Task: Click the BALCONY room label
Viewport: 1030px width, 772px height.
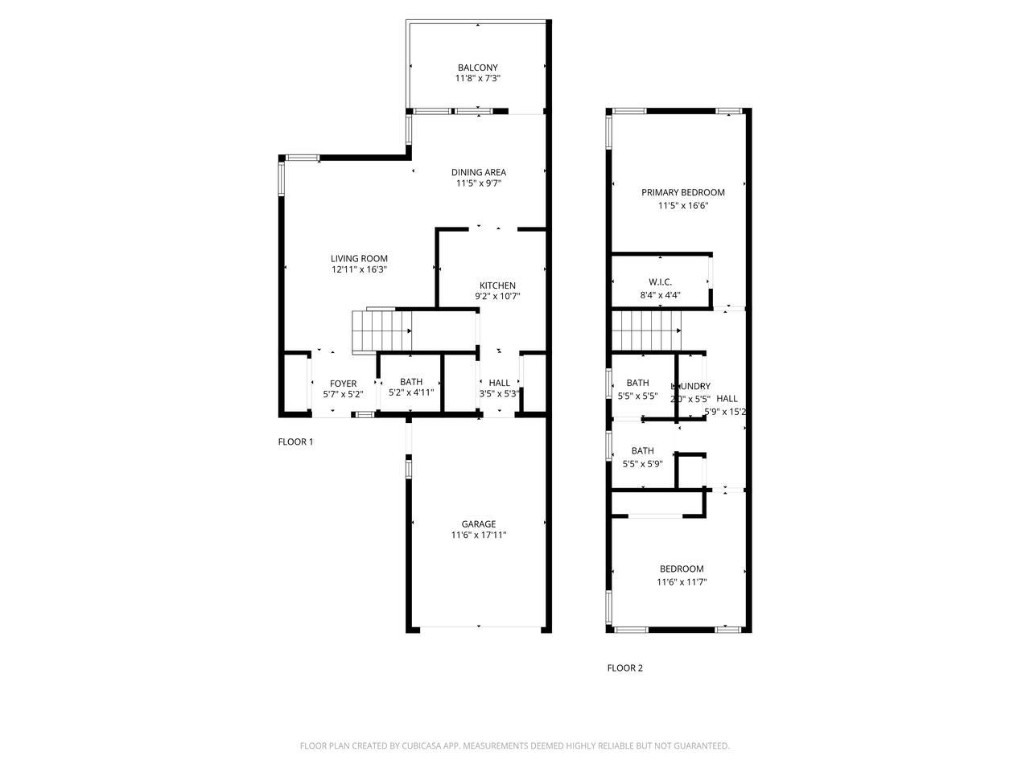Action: point(478,68)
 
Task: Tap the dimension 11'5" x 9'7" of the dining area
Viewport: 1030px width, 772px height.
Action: point(478,183)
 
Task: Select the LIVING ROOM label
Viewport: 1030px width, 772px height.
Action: point(359,258)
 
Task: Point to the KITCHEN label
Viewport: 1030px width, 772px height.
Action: point(497,285)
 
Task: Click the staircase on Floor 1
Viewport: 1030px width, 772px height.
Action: point(381,331)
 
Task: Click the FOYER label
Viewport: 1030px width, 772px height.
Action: point(343,384)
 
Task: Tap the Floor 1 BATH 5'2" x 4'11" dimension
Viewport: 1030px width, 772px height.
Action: point(411,393)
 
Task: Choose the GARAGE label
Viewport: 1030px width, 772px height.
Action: point(478,524)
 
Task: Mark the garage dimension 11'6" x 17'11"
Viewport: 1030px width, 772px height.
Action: point(478,536)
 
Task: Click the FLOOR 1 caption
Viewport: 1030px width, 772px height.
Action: point(295,441)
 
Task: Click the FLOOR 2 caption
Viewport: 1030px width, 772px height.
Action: point(624,667)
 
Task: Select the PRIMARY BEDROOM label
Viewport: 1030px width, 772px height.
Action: point(682,192)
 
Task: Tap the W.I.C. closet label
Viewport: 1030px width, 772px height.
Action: point(660,282)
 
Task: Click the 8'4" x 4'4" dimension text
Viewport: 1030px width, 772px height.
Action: point(660,295)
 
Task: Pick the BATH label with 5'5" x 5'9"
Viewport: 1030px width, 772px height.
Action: point(642,451)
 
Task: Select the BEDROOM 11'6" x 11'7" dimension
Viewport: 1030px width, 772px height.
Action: point(682,582)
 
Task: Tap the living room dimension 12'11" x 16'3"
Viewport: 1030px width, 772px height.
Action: point(359,270)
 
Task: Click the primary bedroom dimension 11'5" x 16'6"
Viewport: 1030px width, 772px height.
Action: point(682,206)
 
